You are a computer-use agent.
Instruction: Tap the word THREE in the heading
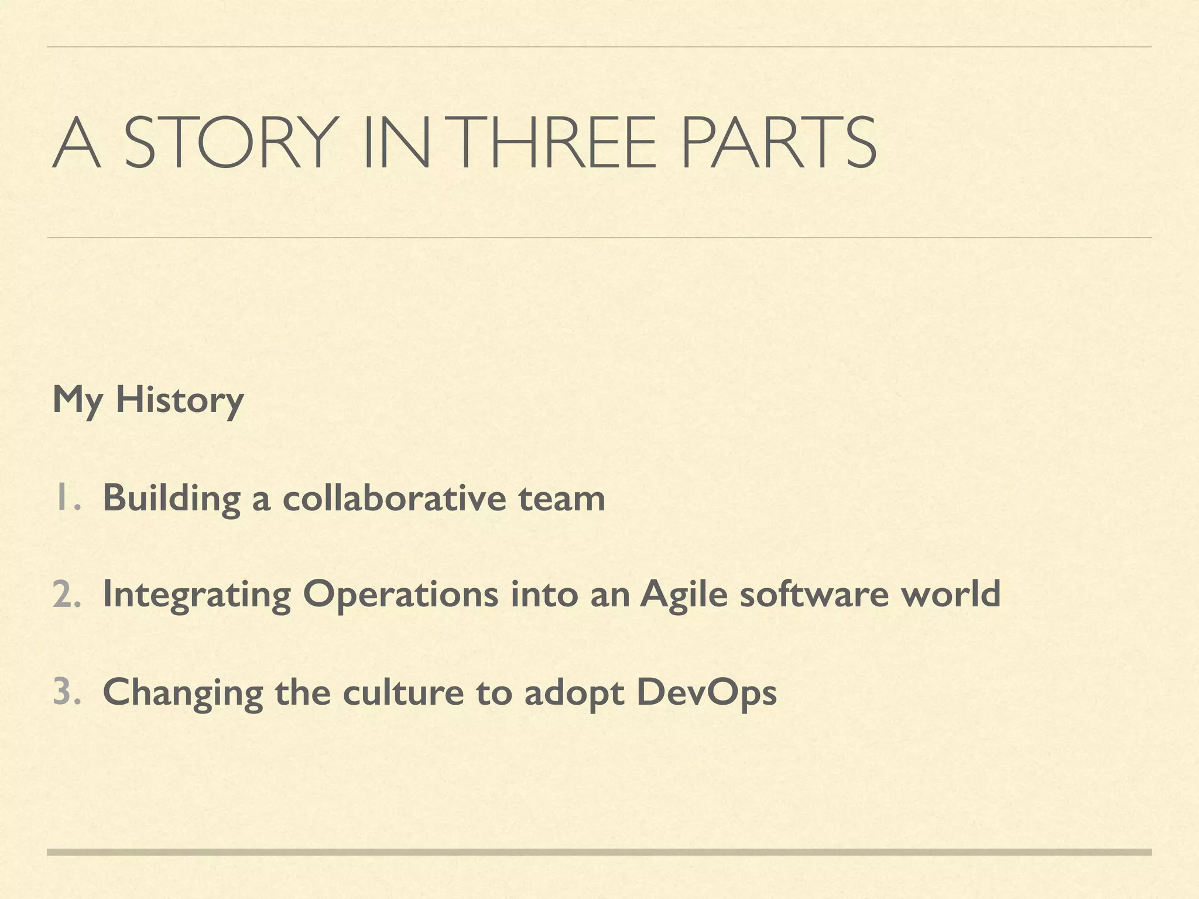tap(555, 142)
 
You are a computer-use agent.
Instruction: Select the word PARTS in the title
tap(778, 142)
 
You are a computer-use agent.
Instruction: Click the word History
tap(180, 400)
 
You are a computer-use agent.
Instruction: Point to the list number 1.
tap(66, 497)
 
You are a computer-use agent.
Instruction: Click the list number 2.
tap(66, 594)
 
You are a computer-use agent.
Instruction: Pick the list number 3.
tap(66, 691)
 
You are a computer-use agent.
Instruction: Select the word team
tap(561, 499)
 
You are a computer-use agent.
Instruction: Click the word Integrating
tap(197, 595)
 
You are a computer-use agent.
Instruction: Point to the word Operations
tap(400, 595)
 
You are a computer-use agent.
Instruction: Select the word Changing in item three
tap(183, 693)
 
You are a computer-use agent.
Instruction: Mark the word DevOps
tap(706, 693)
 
